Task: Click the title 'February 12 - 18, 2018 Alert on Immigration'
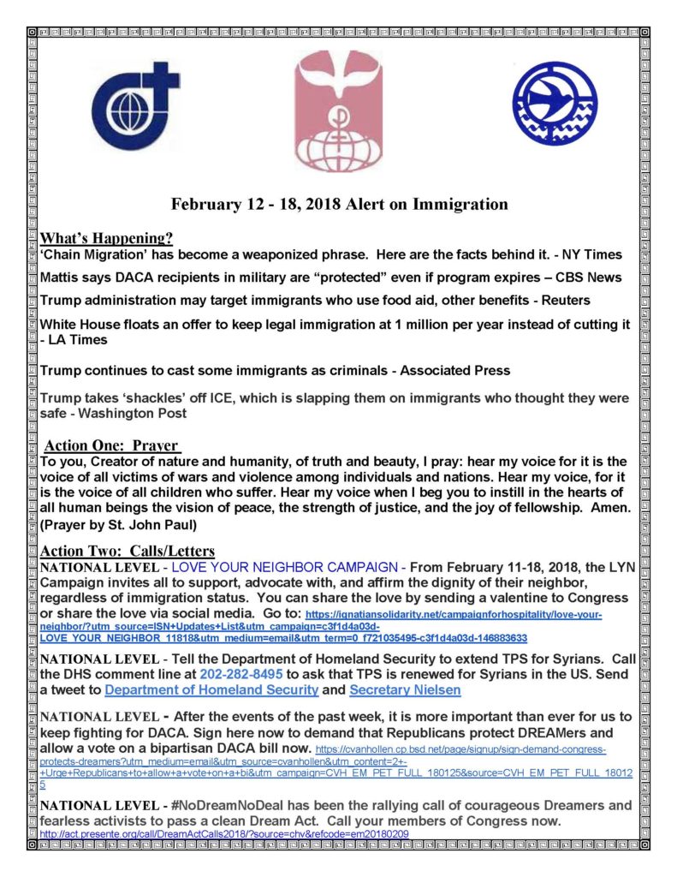(339, 205)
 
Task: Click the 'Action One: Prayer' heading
(112, 445)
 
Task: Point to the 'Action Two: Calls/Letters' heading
(128, 551)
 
